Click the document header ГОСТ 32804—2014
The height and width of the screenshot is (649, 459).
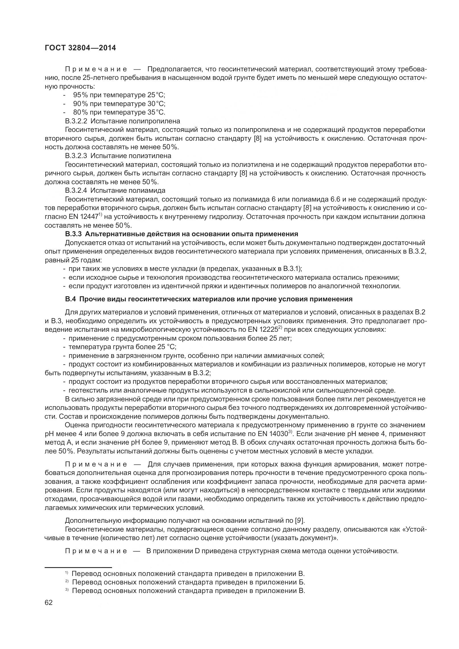point(80,48)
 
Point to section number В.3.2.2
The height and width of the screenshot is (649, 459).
point(76,121)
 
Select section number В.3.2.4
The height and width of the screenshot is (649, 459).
point(76,190)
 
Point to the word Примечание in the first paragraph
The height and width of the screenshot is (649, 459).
point(96,69)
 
